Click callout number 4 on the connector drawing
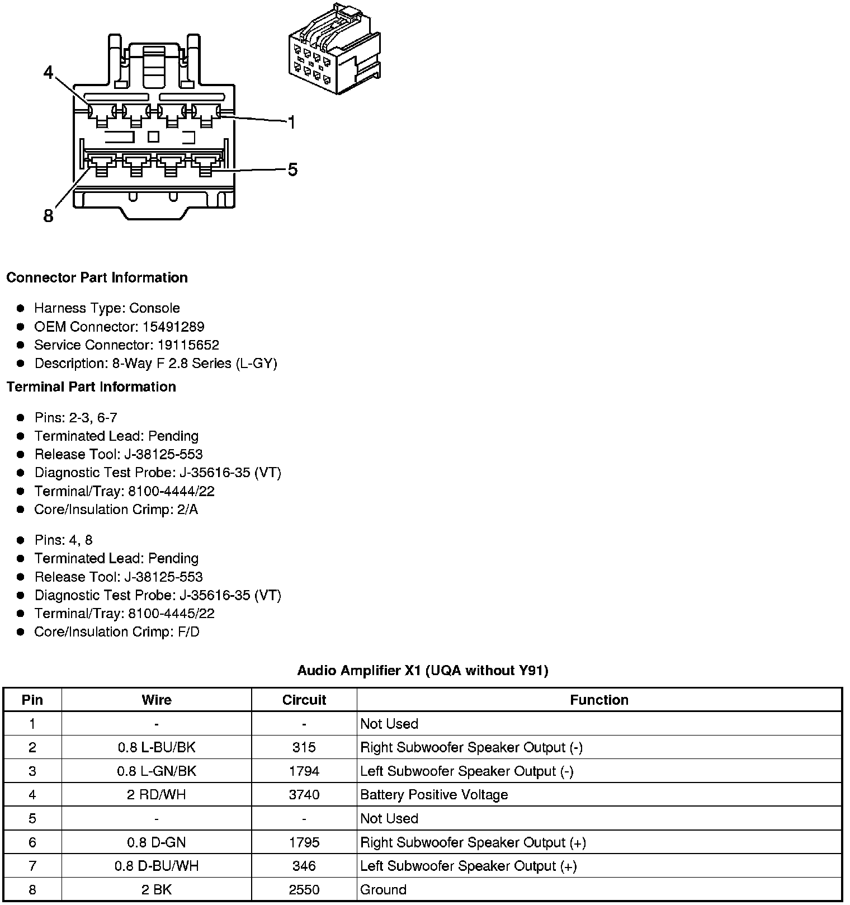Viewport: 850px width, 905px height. pos(49,73)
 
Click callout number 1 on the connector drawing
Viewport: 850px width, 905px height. pos(291,122)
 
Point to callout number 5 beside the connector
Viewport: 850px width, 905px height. pos(292,169)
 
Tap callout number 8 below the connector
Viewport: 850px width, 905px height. pos(49,215)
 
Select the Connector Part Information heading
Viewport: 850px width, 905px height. pos(97,278)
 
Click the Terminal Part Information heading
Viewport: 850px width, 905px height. pos(91,387)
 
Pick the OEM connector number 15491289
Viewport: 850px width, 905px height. pos(173,327)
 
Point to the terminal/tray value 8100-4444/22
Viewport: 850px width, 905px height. pos(171,491)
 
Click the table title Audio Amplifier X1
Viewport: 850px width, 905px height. pos(422,671)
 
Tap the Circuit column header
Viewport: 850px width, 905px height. pos(304,700)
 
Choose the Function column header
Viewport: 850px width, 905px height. pos(599,700)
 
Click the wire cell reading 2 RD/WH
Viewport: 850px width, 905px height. pos(157,795)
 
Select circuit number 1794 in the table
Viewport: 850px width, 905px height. pos(304,771)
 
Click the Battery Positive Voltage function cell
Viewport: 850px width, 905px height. pos(434,795)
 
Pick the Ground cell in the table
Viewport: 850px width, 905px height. pos(383,889)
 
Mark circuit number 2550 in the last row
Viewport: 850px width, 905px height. pos(304,889)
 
